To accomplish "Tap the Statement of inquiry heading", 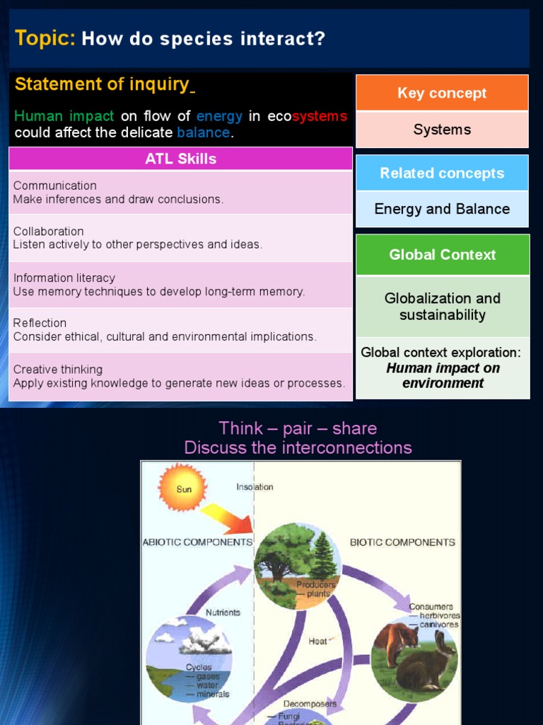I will (102, 84).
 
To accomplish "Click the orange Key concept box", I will (442, 93).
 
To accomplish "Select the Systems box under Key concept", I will (442, 130).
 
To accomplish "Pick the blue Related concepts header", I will (442, 173).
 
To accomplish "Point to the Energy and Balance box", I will (442, 209).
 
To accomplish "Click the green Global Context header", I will (442, 254).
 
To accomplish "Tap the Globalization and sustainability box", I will (442, 307).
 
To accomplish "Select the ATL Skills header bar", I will (180, 159).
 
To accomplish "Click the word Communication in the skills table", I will (54, 185).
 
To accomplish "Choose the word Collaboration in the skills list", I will (48, 232).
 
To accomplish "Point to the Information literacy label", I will (64, 278).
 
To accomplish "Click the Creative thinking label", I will (57, 370).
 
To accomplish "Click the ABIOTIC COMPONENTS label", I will (197, 542).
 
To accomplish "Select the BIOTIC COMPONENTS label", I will (402, 542).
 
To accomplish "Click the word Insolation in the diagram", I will (255, 487).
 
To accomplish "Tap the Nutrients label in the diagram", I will (223, 612).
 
